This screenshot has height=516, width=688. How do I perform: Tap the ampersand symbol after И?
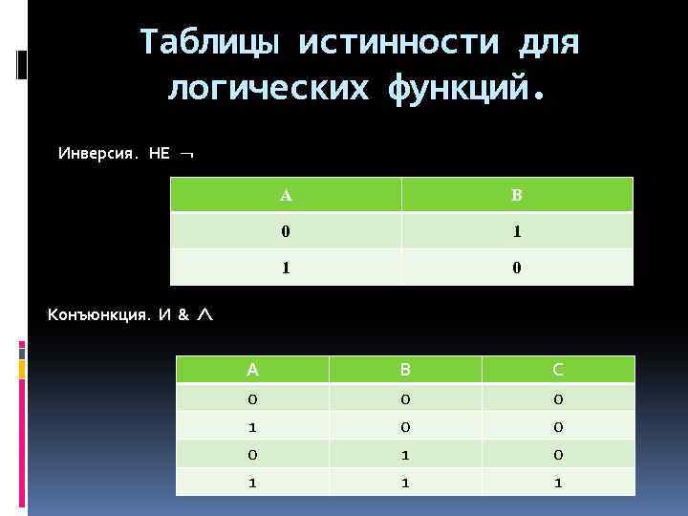click(x=183, y=314)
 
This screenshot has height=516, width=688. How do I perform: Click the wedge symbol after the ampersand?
click(x=204, y=314)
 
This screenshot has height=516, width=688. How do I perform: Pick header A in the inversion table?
click(x=287, y=196)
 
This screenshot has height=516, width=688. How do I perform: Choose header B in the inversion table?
click(x=516, y=196)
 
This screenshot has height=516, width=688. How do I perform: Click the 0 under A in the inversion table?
click(x=287, y=231)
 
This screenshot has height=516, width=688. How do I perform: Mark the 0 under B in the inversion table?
click(x=516, y=268)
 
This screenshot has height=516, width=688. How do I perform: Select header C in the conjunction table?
click(x=558, y=370)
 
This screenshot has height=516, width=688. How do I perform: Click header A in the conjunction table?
click(x=252, y=370)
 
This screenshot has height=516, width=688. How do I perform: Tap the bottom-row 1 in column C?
click(x=558, y=484)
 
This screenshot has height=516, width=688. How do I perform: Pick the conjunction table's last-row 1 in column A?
click(x=252, y=484)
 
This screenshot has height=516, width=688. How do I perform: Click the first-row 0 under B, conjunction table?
click(x=405, y=398)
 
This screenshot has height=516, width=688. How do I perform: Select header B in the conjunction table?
click(x=405, y=370)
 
